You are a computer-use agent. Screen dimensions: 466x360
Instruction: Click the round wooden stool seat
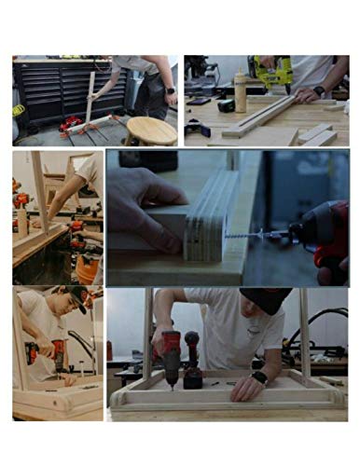point(151,129)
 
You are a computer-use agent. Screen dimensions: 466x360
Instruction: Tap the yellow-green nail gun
point(275,74)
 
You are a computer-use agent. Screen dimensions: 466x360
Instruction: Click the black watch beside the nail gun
point(319,91)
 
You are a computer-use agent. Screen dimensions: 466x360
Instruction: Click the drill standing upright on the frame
point(193,359)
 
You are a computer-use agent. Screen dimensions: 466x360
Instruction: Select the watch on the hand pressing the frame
point(259,377)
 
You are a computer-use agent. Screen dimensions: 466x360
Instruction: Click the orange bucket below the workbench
point(88,270)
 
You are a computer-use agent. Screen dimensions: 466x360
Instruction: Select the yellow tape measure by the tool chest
point(19,110)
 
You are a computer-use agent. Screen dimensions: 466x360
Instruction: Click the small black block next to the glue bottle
point(225,105)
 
